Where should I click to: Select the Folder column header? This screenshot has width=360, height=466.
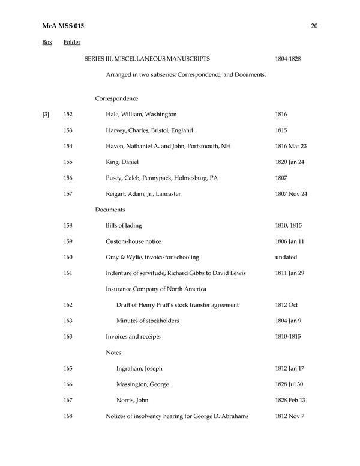pos(72,43)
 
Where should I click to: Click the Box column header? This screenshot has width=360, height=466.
pos(47,43)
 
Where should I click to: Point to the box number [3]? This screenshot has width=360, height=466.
pos(46,114)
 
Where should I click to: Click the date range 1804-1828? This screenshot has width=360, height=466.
pos(287,59)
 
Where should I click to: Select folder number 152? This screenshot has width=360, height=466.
pos(68,114)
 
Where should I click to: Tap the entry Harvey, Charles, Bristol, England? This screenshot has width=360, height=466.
pos(149,130)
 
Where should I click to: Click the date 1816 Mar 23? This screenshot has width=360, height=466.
pos(290,146)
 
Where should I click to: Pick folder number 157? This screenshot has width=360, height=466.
pos(68,194)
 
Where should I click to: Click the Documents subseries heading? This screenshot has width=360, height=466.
pos(110,210)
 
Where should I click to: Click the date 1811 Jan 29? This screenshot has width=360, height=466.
pos(289,273)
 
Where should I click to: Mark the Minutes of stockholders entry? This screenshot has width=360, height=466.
pos(148,321)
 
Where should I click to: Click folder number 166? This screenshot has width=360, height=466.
pos(68,384)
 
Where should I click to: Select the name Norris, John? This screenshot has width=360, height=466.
pos(132,400)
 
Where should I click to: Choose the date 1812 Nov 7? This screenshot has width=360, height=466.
pos(289,416)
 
